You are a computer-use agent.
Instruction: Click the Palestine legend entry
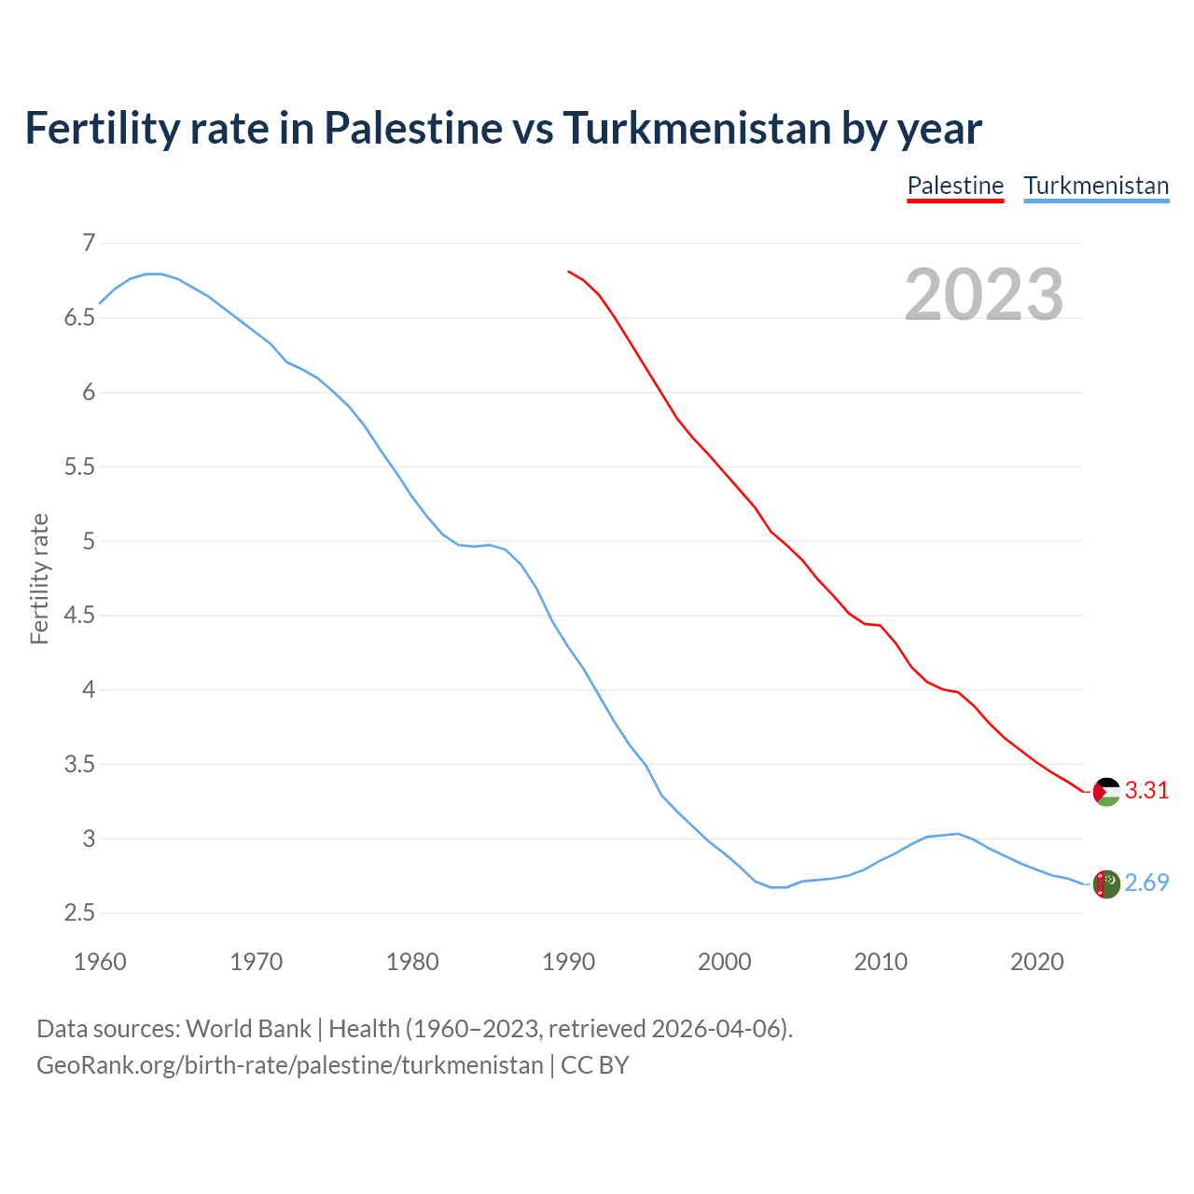tap(955, 186)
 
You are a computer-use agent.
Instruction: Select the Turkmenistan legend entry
tap(1096, 186)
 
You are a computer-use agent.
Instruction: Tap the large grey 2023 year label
tap(984, 295)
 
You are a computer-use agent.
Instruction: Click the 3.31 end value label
tap(1146, 791)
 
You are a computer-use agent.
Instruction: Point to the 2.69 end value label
tap(1146, 882)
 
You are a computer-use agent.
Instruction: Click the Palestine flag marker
tap(1106, 791)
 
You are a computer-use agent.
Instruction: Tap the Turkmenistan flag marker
tap(1106, 883)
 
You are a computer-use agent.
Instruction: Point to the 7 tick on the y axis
tap(89, 243)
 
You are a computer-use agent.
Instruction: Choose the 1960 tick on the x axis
tap(100, 962)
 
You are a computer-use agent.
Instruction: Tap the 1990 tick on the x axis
tap(568, 962)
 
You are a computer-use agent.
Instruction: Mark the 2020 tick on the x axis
tap(1036, 962)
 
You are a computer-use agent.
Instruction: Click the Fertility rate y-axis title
tap(39, 578)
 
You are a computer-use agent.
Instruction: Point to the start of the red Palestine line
tap(569, 271)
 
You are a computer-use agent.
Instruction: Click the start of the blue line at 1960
tap(101, 303)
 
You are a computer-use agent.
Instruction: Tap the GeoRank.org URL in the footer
tap(289, 1065)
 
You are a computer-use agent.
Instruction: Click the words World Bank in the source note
tap(248, 1029)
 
